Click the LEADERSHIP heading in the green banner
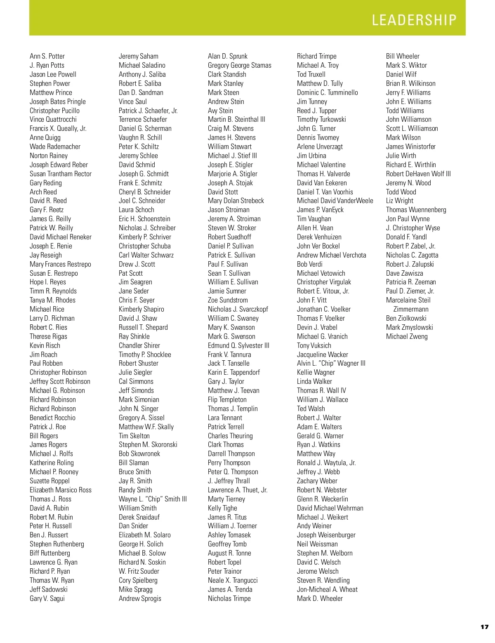click(414, 20)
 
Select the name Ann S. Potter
click(47, 56)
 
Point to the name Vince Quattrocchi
click(53, 119)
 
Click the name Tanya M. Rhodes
click(52, 300)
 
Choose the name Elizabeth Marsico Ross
click(61, 490)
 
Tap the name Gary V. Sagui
click(47, 598)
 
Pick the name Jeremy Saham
click(139, 56)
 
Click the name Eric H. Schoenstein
click(144, 219)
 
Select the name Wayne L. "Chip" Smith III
click(153, 499)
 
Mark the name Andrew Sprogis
click(140, 598)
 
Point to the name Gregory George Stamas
click(240, 65)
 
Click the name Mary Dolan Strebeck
click(236, 201)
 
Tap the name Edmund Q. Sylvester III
click(238, 345)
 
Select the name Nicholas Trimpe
click(229, 598)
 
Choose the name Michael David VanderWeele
click(335, 201)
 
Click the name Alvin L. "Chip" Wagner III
click(331, 363)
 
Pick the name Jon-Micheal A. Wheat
click(327, 589)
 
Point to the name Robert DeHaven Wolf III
click(418, 174)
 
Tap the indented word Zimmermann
click(411, 309)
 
